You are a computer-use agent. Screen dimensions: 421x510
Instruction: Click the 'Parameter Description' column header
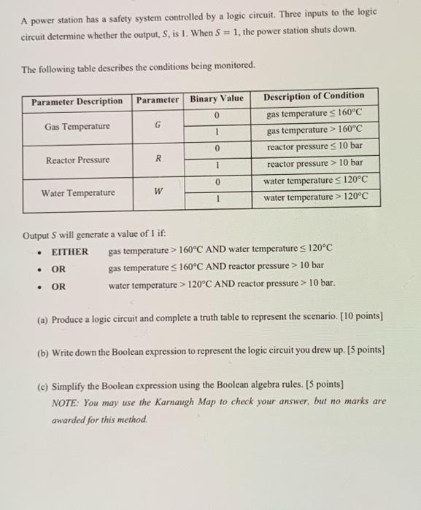[77, 100]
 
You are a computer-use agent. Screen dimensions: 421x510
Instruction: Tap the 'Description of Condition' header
[314, 95]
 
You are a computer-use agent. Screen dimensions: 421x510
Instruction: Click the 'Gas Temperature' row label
[77, 127]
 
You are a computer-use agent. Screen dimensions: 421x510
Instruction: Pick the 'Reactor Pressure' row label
[77, 160]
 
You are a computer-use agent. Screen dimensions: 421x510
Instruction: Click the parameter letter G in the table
[158, 127]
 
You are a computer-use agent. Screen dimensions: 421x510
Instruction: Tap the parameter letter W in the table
[158, 193]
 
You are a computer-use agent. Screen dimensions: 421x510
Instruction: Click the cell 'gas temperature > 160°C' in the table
[314, 130]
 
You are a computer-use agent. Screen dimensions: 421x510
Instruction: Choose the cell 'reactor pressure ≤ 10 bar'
[314, 146]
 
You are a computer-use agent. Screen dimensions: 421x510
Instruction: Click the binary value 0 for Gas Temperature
[216, 114]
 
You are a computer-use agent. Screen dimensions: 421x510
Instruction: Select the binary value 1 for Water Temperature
[216, 197]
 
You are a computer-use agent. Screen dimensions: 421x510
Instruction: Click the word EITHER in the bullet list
[69, 252]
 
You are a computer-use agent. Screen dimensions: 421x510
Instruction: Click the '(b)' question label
[42, 351]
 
